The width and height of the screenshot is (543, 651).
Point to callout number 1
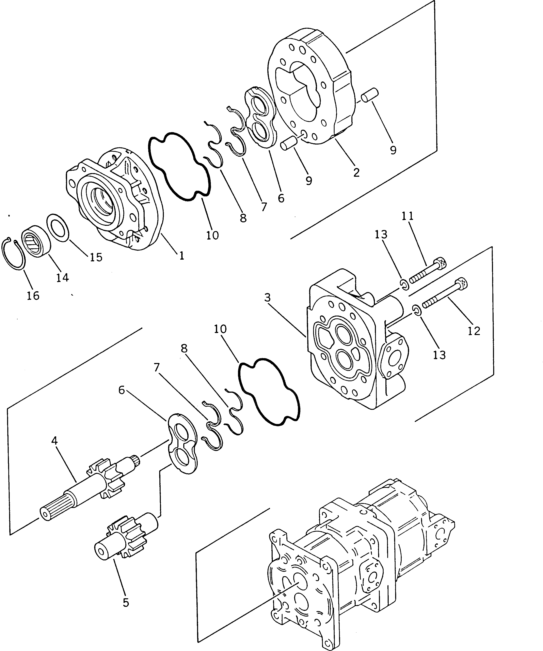pyautogui.click(x=181, y=255)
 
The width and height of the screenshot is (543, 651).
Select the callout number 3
pyautogui.click(x=268, y=298)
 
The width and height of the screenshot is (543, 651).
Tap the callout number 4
pyautogui.click(x=55, y=441)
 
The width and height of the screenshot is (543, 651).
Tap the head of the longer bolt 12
pyautogui.click(x=462, y=283)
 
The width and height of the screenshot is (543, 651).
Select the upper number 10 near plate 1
pyautogui.click(x=212, y=235)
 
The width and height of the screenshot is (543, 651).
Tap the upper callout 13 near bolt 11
pyautogui.click(x=381, y=235)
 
